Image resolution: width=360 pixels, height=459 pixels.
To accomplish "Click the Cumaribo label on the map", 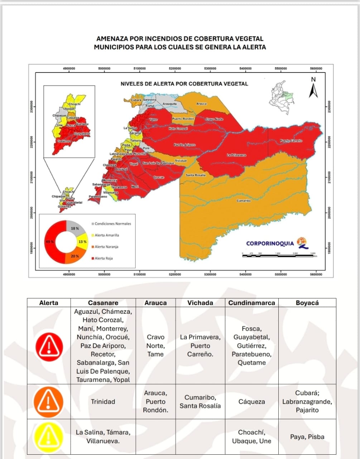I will coord(244,201).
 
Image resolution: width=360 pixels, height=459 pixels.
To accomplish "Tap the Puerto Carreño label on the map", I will coord(291,141).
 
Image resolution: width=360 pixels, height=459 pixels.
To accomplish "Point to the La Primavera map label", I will coord(236,155).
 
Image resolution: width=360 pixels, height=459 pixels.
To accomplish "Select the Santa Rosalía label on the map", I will coord(196,175).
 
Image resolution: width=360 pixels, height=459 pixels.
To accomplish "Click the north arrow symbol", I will coord(313,88).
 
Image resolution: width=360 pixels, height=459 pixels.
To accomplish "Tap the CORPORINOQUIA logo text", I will coord(270,243).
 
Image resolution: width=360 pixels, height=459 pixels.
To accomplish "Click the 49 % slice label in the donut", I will coord(50,242).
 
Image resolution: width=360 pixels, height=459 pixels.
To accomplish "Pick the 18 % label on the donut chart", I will coord(75,228).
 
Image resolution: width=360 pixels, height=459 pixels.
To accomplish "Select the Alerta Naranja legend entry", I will coord(106,247).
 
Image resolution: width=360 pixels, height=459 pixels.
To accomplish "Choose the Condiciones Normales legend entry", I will coord(112,224).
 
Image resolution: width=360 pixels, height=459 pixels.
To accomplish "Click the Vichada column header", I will coord(200,303).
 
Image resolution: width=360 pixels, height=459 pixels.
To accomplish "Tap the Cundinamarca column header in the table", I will coord(251,303).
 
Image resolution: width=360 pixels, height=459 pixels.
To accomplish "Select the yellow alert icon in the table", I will coord(49,436).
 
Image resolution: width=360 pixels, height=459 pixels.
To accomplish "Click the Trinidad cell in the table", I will coord(103,402).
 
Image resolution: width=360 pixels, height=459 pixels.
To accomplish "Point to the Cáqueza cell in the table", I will coord(251,402).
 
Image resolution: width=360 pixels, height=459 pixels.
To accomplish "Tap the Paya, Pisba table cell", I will coord(307,437).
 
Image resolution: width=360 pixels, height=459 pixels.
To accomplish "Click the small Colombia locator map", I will coord(283,95).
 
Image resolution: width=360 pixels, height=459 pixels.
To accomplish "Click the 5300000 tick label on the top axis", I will coord(210,68).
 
